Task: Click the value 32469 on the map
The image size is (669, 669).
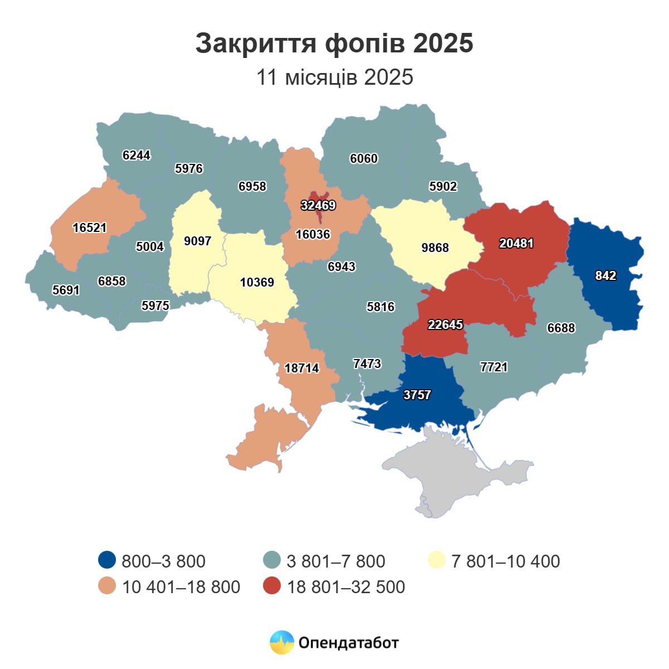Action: pyautogui.click(x=318, y=205)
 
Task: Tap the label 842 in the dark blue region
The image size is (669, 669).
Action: pyautogui.click(x=605, y=275)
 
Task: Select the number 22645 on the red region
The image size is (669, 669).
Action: pyautogui.click(x=445, y=324)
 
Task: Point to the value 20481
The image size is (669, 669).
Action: pyautogui.click(x=516, y=243)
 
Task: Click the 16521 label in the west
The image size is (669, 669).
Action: pyautogui.click(x=89, y=227)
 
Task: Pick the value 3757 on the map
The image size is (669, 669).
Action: pyautogui.click(x=417, y=395)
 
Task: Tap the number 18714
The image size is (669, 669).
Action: pyautogui.click(x=302, y=368)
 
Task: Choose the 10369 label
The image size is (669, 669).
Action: pyautogui.click(x=257, y=282)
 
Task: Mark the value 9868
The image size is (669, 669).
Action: pyautogui.click(x=435, y=248)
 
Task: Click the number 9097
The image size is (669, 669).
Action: pyautogui.click(x=197, y=241)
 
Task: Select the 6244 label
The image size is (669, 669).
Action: pyautogui.click(x=137, y=155)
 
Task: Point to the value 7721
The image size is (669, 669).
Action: pyautogui.click(x=494, y=367)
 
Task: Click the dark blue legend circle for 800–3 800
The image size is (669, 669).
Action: pyautogui.click(x=106, y=560)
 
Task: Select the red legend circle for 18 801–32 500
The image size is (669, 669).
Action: pyautogui.click(x=272, y=586)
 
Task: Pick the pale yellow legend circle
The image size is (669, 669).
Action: pyautogui.click(x=437, y=560)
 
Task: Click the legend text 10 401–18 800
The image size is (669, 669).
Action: pyautogui.click(x=181, y=587)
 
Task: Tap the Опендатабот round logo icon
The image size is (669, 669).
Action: pyautogui.click(x=282, y=642)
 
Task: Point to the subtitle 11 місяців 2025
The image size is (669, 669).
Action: pyautogui.click(x=334, y=77)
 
